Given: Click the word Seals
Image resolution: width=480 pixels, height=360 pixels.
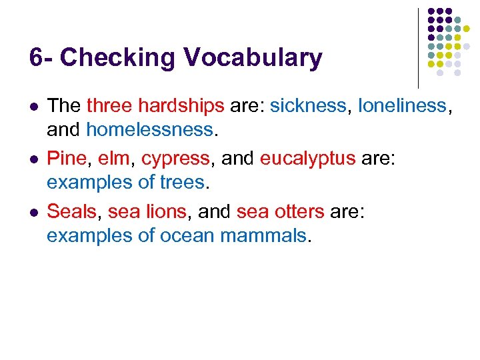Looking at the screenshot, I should tap(72, 212).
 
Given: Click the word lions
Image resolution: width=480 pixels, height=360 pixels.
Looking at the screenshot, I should tap(167, 212).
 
